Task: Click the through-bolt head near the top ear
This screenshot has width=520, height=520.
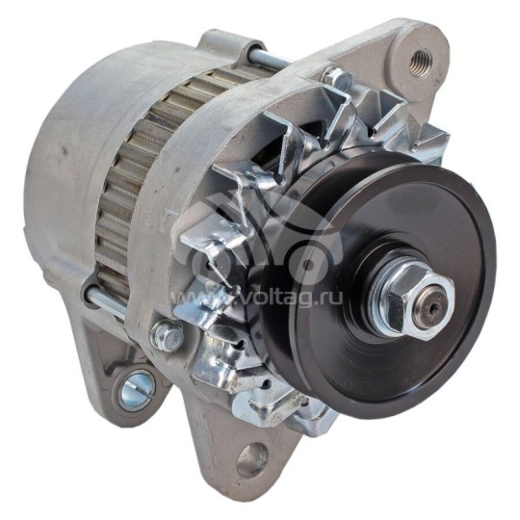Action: (336, 79)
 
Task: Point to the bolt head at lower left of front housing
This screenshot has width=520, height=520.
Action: (167, 335)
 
